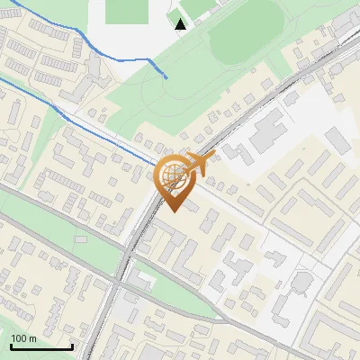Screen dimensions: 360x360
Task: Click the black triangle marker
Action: click(x=181, y=23)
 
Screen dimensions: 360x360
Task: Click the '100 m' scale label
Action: click(x=24, y=337)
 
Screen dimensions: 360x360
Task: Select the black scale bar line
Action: click(x=40, y=346)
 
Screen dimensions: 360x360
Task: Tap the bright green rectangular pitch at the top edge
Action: click(x=126, y=11)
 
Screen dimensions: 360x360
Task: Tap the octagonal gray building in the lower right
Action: click(x=301, y=285)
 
